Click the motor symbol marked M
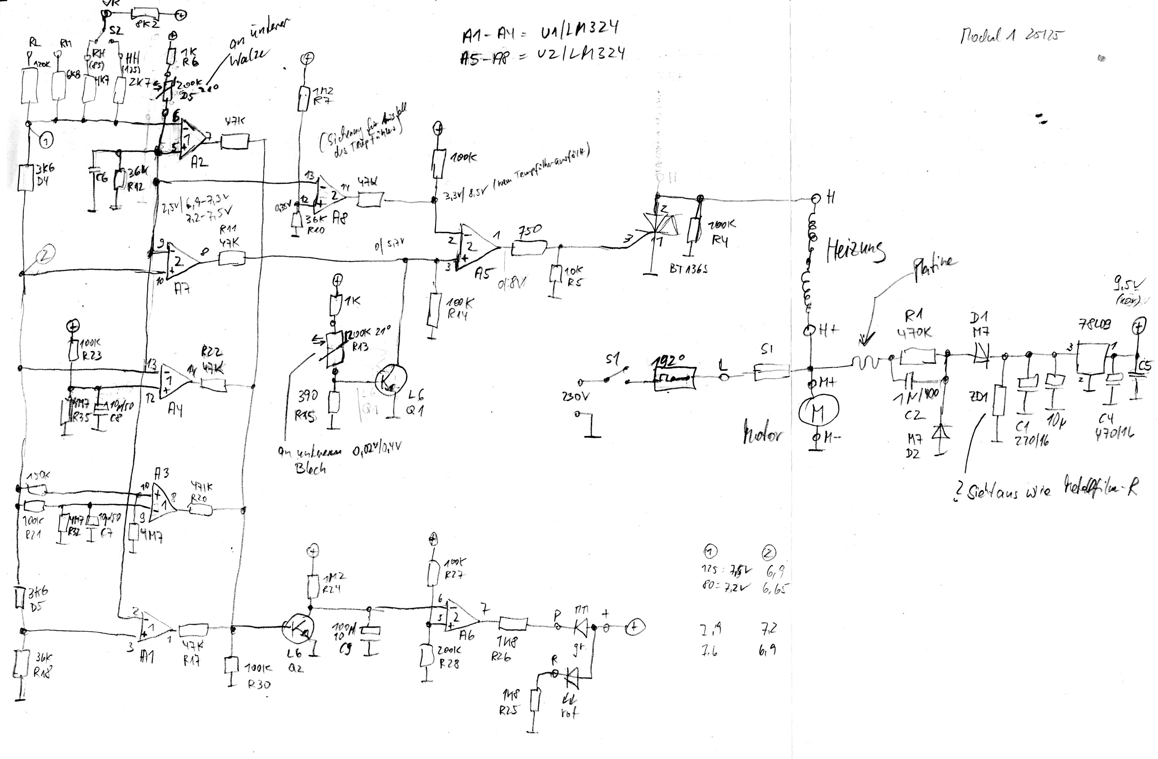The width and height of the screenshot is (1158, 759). (819, 411)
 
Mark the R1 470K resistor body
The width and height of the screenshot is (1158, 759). (918, 356)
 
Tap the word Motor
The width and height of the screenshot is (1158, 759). (762, 432)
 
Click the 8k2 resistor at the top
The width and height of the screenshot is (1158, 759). (146, 13)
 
